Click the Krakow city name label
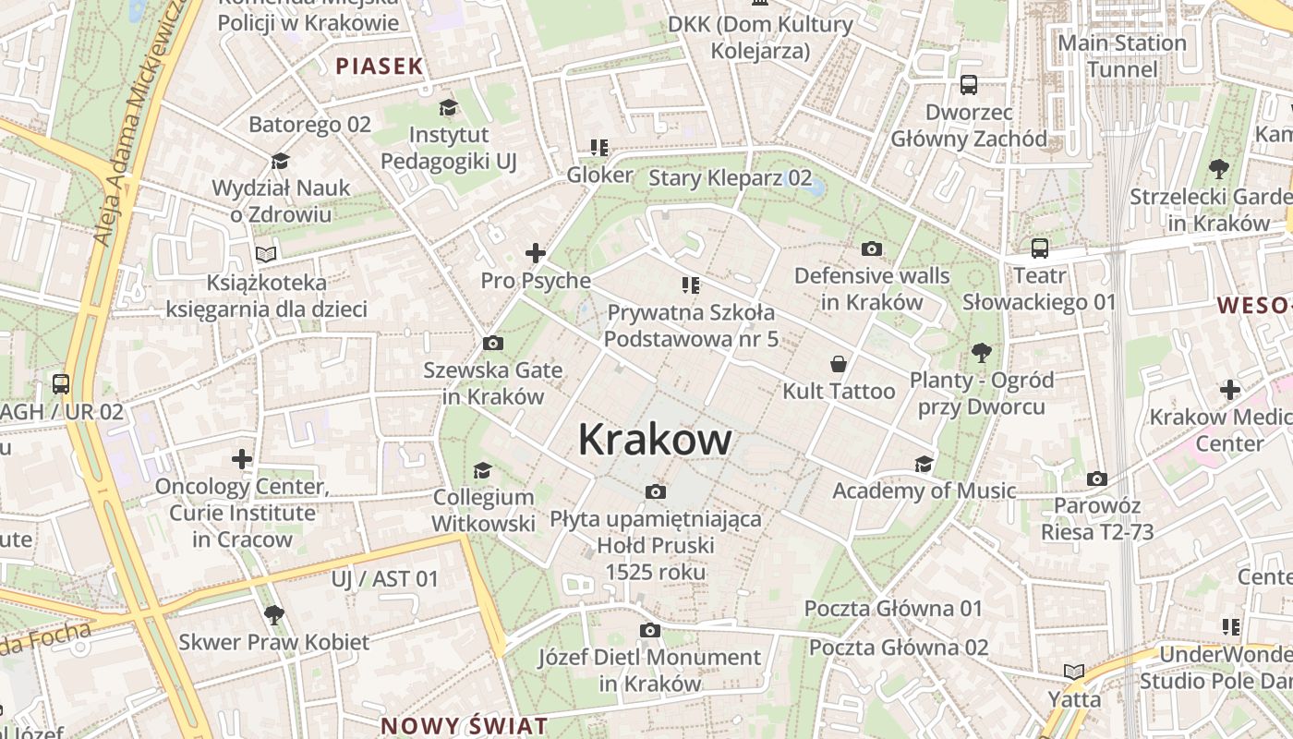coord(655,439)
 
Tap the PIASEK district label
coord(379,66)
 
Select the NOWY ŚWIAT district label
coord(464,725)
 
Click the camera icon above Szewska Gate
coord(493,344)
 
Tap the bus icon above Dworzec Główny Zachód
coord(969,85)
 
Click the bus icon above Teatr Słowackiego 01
coord(1040,248)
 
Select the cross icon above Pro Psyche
coord(535,253)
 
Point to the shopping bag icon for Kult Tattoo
coord(839,364)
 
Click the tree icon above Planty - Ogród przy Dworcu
coord(981,352)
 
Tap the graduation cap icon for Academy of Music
coord(924,464)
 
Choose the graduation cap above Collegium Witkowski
coord(482,471)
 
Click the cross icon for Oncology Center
coord(242,459)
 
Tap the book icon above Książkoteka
coord(266,254)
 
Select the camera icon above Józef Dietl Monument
coord(650,630)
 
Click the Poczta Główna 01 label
coord(893,609)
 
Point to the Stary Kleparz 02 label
coord(730,178)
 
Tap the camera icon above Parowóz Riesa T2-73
coord(1096,479)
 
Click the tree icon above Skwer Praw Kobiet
coord(273,614)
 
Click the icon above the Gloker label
coord(599,148)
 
